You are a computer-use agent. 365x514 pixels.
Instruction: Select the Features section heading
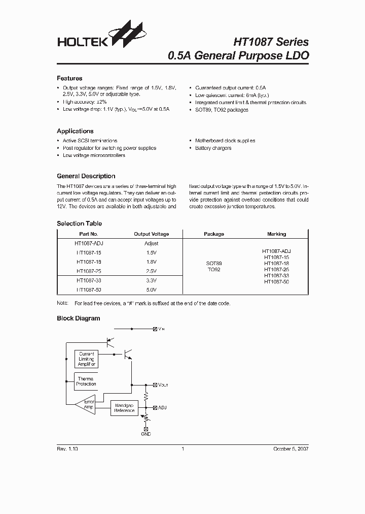pyautogui.click(x=69, y=79)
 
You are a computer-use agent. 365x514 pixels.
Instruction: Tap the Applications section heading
pyautogui.click(x=75, y=131)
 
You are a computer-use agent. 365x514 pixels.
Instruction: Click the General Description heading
pyautogui.click(x=86, y=176)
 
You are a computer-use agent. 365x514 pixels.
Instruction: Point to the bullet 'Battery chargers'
pyautogui.click(x=213, y=148)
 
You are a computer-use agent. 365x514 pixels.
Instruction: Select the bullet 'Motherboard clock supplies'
pyautogui.click(x=225, y=141)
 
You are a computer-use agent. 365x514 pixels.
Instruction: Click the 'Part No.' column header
pyautogui.click(x=85, y=234)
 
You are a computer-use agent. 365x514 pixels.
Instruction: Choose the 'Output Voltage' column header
pyautogui.click(x=151, y=234)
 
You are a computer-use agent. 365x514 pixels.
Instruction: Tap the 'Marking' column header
pyautogui.click(x=276, y=234)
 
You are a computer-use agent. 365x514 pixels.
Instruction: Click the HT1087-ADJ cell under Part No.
pyautogui.click(x=89, y=243)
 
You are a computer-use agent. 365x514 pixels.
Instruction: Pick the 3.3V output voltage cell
pyautogui.click(x=151, y=280)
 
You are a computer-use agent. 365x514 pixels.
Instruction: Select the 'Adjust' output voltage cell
pyautogui.click(x=151, y=243)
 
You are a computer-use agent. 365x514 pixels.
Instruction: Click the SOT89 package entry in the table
pyautogui.click(x=213, y=264)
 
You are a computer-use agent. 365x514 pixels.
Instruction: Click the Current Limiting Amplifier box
pyautogui.click(x=87, y=359)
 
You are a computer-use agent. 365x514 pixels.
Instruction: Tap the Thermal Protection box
pyautogui.click(x=86, y=381)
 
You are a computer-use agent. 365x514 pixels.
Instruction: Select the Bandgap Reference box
pyautogui.click(x=124, y=408)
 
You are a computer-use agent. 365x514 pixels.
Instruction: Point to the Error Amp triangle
pyautogui.click(x=85, y=404)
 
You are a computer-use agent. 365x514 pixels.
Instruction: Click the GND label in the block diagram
pyautogui.click(x=146, y=434)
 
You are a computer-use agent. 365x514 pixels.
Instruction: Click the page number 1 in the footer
pyautogui.click(x=182, y=449)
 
